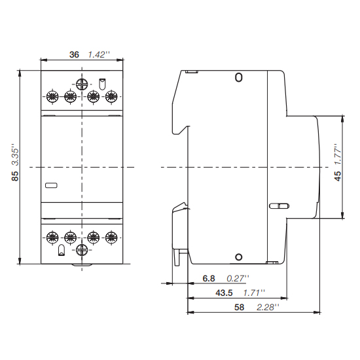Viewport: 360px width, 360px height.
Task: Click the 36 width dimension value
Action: pos(74,54)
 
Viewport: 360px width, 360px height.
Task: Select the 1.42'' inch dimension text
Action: pos(99,54)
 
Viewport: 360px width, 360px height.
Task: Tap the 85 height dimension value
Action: pos(15,176)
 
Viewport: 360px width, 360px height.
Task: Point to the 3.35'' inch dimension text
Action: pos(16,154)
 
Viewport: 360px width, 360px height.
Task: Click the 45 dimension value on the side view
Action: pos(338,176)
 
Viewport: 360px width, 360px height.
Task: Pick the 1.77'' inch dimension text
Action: pos(338,154)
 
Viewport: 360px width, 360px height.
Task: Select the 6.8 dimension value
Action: pos(209,278)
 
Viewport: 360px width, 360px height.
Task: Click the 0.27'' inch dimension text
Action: pos(238,278)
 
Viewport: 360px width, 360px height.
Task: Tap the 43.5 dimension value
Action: pos(224,293)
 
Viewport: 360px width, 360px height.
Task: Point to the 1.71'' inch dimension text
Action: pos(254,293)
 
